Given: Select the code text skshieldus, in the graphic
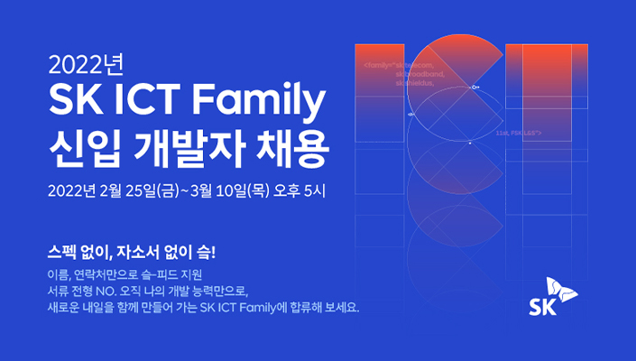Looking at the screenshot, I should (415, 82).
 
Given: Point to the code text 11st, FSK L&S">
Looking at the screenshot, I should (518, 132).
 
